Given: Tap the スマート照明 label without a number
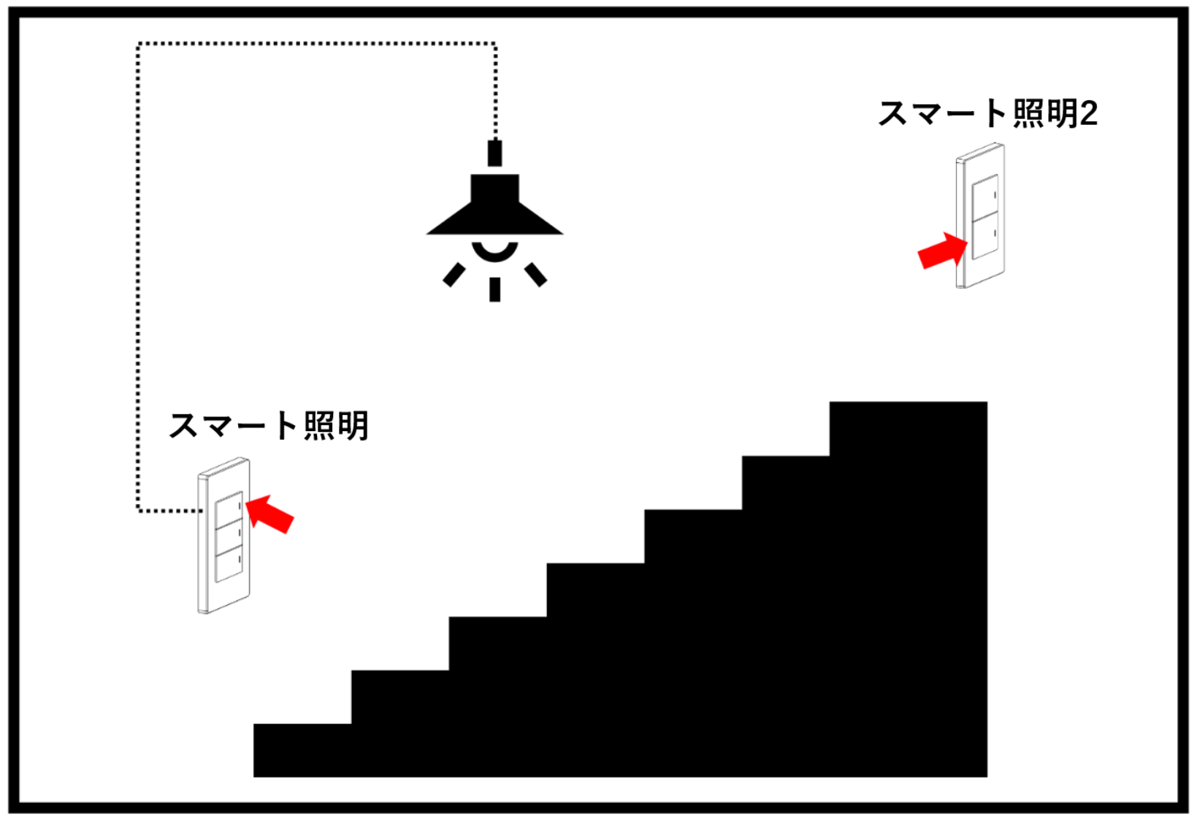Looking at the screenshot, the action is [268, 426].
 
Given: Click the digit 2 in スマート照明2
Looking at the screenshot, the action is [1088, 114].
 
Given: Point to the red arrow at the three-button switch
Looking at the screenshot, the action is [269, 514].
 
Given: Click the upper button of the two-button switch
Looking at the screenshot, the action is [985, 198].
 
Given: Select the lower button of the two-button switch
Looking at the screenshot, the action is [985, 236].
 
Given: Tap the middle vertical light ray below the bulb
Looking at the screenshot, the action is [495, 289].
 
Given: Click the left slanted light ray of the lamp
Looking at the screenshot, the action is [454, 275].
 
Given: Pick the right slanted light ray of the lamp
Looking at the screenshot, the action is [535, 275].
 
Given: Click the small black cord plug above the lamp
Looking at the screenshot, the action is [495, 153].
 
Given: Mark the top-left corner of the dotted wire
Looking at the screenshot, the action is [139, 44].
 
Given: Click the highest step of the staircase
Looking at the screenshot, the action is [908, 429].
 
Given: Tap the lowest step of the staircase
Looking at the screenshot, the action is [302, 750].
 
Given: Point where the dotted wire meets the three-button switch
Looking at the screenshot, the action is [200, 511].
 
